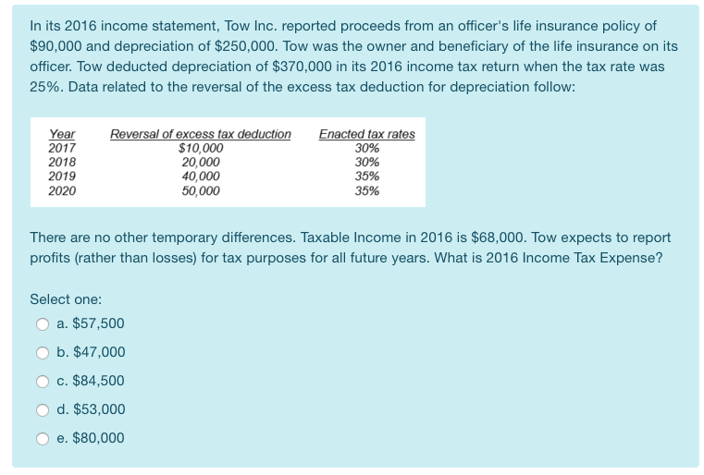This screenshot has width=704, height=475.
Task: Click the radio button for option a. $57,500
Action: [x=42, y=323]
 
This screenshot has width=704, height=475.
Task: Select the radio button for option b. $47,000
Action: [x=42, y=352]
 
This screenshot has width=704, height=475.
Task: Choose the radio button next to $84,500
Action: [x=42, y=381]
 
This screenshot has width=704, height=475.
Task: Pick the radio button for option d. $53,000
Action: [x=42, y=409]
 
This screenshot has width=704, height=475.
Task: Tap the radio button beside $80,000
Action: [x=42, y=438]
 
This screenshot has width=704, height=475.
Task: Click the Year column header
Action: [x=62, y=134]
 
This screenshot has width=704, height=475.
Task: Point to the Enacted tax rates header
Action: [x=366, y=134]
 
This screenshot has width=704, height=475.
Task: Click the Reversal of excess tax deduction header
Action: [x=200, y=134]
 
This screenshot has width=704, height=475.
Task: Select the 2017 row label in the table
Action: [x=62, y=148]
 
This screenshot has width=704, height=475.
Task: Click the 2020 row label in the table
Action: [x=62, y=190]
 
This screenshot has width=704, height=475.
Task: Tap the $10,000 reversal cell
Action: [x=200, y=148]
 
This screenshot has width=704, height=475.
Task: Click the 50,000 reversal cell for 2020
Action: [x=201, y=190]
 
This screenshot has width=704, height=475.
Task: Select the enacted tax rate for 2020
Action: [x=367, y=190]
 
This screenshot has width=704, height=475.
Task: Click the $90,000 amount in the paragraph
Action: [x=54, y=44]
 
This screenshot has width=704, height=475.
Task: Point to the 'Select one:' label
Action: [x=66, y=299]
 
